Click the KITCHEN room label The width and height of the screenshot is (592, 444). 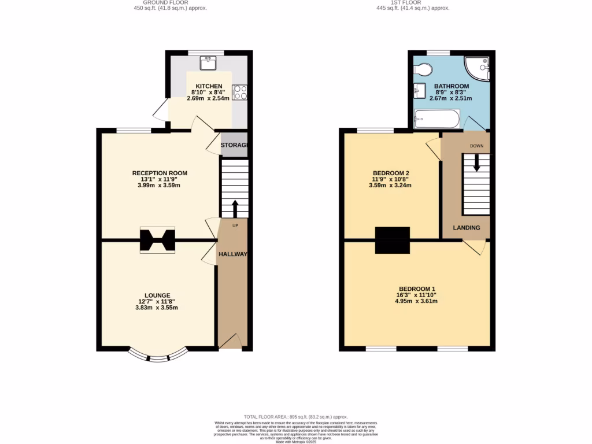(x=208, y=86)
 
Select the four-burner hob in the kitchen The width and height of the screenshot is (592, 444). (x=239, y=92)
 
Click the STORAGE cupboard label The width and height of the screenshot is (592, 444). (x=234, y=145)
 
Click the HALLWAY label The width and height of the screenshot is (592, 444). (x=232, y=254)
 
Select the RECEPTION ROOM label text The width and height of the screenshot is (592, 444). (x=160, y=173)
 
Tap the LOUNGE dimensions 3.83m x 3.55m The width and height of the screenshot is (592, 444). (x=157, y=308)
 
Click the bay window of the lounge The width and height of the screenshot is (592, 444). (x=158, y=356)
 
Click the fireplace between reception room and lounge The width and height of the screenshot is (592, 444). (x=157, y=240)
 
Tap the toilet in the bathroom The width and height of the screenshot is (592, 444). (x=424, y=69)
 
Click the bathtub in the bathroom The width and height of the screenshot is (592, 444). (x=437, y=120)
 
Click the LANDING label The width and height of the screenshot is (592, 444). (x=466, y=228)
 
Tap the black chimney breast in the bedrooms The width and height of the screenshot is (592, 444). (x=393, y=240)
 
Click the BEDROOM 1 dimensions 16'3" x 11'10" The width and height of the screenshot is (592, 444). (x=417, y=295)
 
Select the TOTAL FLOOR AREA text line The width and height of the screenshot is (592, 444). (x=295, y=417)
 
